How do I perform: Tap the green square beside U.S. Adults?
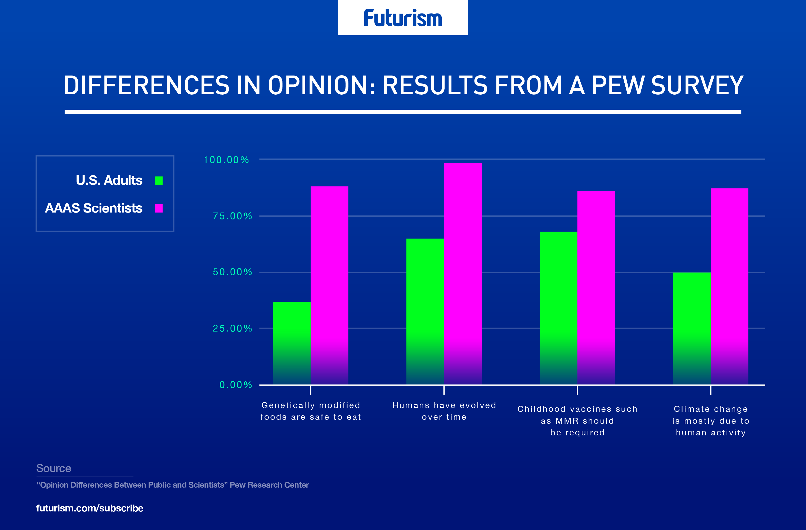pyautogui.click(x=159, y=181)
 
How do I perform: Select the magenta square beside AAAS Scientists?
pyautogui.click(x=159, y=208)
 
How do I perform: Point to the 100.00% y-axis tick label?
pyautogui.click(x=226, y=160)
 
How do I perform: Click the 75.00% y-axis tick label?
pyautogui.click(x=232, y=216)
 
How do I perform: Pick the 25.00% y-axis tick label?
pyautogui.click(x=232, y=328)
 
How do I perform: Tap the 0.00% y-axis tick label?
pyautogui.click(x=236, y=385)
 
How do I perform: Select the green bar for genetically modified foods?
pyautogui.click(x=292, y=342)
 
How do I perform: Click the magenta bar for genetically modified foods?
pyautogui.click(x=329, y=285)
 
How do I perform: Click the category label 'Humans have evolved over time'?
pyautogui.click(x=444, y=411)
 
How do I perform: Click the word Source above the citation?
pyautogui.click(x=53, y=468)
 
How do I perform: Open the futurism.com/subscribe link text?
pyautogui.click(x=90, y=508)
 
